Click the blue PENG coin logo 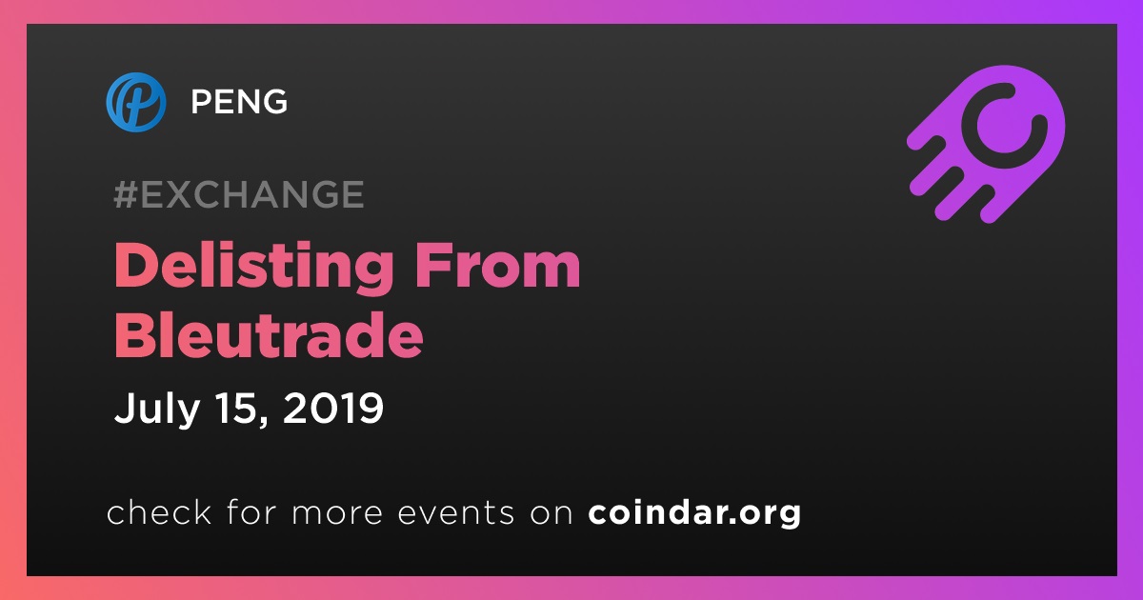135,102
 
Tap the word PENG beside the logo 239,101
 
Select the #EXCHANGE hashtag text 239,194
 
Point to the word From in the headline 498,266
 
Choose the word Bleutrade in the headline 269,334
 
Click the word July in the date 156,409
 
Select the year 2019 332,408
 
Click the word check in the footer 159,512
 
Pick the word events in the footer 455,513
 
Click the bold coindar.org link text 694,513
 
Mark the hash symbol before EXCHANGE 125,194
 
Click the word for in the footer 251,512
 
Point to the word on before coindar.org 551,514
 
